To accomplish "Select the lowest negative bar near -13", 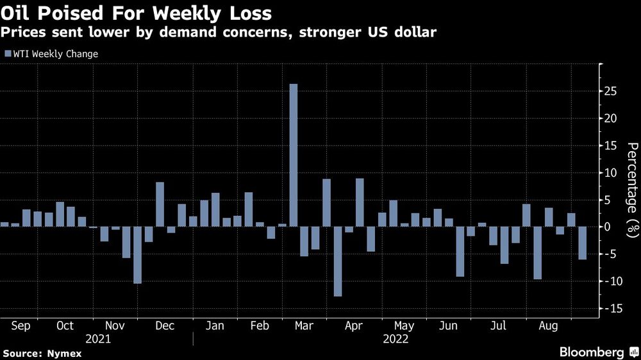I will pos(338,261).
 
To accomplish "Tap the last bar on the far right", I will pos(582,243).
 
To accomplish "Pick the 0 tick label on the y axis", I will pos(612,227).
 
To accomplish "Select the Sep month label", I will pos(21,326).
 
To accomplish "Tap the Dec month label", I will pos(165,326).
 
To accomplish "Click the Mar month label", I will pos(303,326).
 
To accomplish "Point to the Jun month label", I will pos(447,326).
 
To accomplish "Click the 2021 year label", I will pos(96,339).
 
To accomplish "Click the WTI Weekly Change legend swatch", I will pos(8,54).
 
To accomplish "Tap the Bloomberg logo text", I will pos(592,352).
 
